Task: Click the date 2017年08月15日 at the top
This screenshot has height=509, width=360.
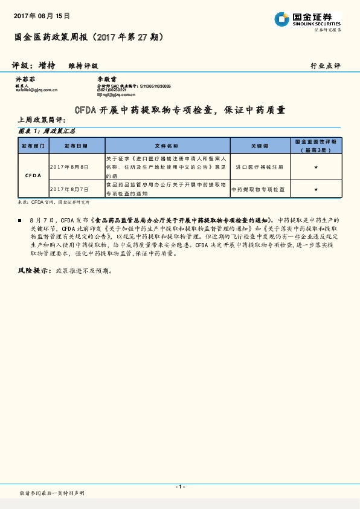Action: pos(42,15)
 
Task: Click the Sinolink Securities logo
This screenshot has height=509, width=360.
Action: pos(307,20)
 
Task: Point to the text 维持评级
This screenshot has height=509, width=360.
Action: pos(83,65)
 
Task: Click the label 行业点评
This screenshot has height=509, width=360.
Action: pos(325,65)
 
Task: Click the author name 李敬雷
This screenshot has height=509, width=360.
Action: pos(107,79)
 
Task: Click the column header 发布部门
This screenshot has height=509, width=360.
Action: pos(33,146)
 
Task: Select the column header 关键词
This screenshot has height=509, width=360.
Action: pos(259,146)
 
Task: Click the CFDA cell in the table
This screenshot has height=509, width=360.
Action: pos(33,175)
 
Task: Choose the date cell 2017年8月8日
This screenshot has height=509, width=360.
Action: pos(69,166)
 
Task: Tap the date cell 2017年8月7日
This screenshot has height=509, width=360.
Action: pos(69,189)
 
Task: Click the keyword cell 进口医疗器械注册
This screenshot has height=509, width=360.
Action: pos(259,166)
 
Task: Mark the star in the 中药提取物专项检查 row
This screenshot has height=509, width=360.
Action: pos(316,189)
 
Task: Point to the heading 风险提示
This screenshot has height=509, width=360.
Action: pos(33,270)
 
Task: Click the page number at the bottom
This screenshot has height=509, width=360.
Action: pos(179,487)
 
